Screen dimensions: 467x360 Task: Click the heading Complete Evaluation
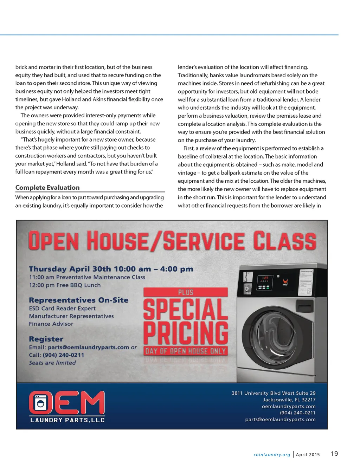coord(47,188)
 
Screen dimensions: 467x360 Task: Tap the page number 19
coord(334,454)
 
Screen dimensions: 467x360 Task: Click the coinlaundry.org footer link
coord(272,455)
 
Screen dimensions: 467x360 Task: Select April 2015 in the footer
coord(308,455)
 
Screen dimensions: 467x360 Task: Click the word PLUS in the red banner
coord(186,292)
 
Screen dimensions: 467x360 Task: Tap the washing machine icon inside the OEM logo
coord(40,403)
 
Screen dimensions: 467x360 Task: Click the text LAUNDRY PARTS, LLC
coord(67,420)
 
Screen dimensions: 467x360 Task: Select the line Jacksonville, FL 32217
coord(289,400)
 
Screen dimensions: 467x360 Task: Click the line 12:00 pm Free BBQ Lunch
coord(65,285)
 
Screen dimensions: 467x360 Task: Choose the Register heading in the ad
coord(46,339)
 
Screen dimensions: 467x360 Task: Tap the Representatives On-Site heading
coord(78,300)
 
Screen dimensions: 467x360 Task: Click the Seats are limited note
coord(52,363)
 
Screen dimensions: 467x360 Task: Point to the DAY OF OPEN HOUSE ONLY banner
coord(186,351)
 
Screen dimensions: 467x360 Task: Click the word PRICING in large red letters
coord(186,333)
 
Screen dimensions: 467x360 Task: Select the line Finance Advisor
coord(51,324)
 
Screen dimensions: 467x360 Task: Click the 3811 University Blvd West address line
coord(274,393)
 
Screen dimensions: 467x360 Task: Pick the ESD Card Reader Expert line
coord(62,309)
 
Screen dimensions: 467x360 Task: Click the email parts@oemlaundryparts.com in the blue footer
coord(280,420)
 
